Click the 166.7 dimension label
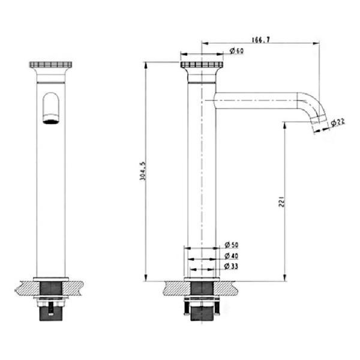(260, 40)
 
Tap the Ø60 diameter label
(236, 50)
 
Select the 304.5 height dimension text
(143, 171)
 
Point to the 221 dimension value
(282, 202)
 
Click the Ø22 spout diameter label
(338, 122)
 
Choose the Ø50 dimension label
(232, 245)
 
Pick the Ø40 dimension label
(232, 256)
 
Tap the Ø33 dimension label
(231, 266)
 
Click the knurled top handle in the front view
(50, 65)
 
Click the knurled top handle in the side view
(202, 65)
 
